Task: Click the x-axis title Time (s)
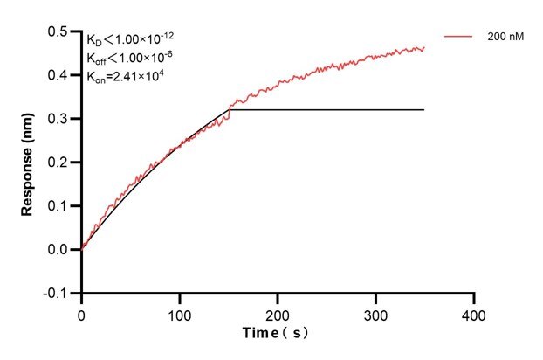277,333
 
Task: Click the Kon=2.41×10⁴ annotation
126,76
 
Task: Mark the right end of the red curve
424,49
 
